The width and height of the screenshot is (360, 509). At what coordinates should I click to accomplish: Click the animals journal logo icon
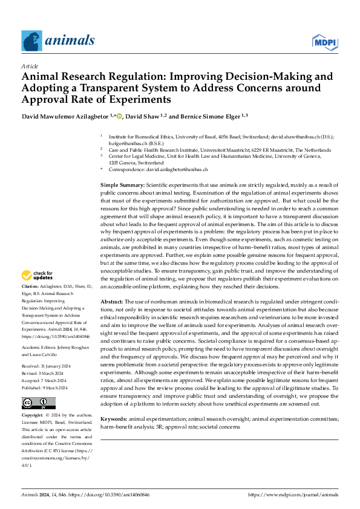[x=32, y=41]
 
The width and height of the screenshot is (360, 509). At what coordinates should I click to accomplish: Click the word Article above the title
[x=30, y=66]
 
